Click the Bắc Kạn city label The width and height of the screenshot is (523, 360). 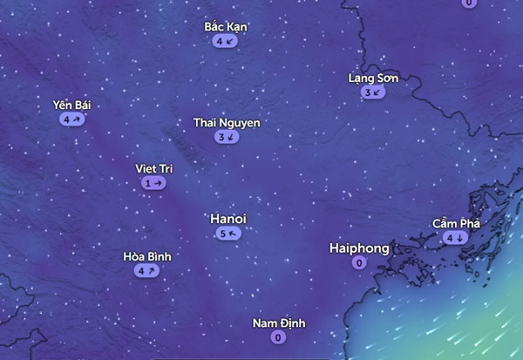click(x=226, y=27)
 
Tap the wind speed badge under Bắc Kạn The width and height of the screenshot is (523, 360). click(x=224, y=41)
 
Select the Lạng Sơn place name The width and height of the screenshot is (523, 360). click(x=373, y=78)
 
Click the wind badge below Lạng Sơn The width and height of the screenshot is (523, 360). click(x=372, y=92)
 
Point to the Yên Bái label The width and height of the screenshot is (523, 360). click(x=71, y=105)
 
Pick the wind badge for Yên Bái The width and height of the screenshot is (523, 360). click(x=71, y=119)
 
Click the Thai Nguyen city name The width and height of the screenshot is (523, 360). click(x=227, y=123)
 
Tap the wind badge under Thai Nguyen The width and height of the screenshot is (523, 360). click(x=226, y=137)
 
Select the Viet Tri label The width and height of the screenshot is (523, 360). click(x=153, y=168)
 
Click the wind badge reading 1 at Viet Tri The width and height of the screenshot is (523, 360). click(x=153, y=183)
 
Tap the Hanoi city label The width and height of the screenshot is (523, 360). click(x=228, y=218)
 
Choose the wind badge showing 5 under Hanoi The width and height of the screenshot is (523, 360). click(x=228, y=234)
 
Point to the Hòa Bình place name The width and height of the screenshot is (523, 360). click(x=147, y=256)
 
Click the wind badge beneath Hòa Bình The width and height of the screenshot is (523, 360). click(x=146, y=271)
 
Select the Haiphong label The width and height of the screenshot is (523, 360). click(x=359, y=248)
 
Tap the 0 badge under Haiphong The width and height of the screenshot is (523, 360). click(x=359, y=263)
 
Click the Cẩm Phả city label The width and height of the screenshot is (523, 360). click(x=456, y=224)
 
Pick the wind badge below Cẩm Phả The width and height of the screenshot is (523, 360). click(x=455, y=238)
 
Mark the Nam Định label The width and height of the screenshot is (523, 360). click(x=279, y=323)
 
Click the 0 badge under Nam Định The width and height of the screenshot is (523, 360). click(x=278, y=337)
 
